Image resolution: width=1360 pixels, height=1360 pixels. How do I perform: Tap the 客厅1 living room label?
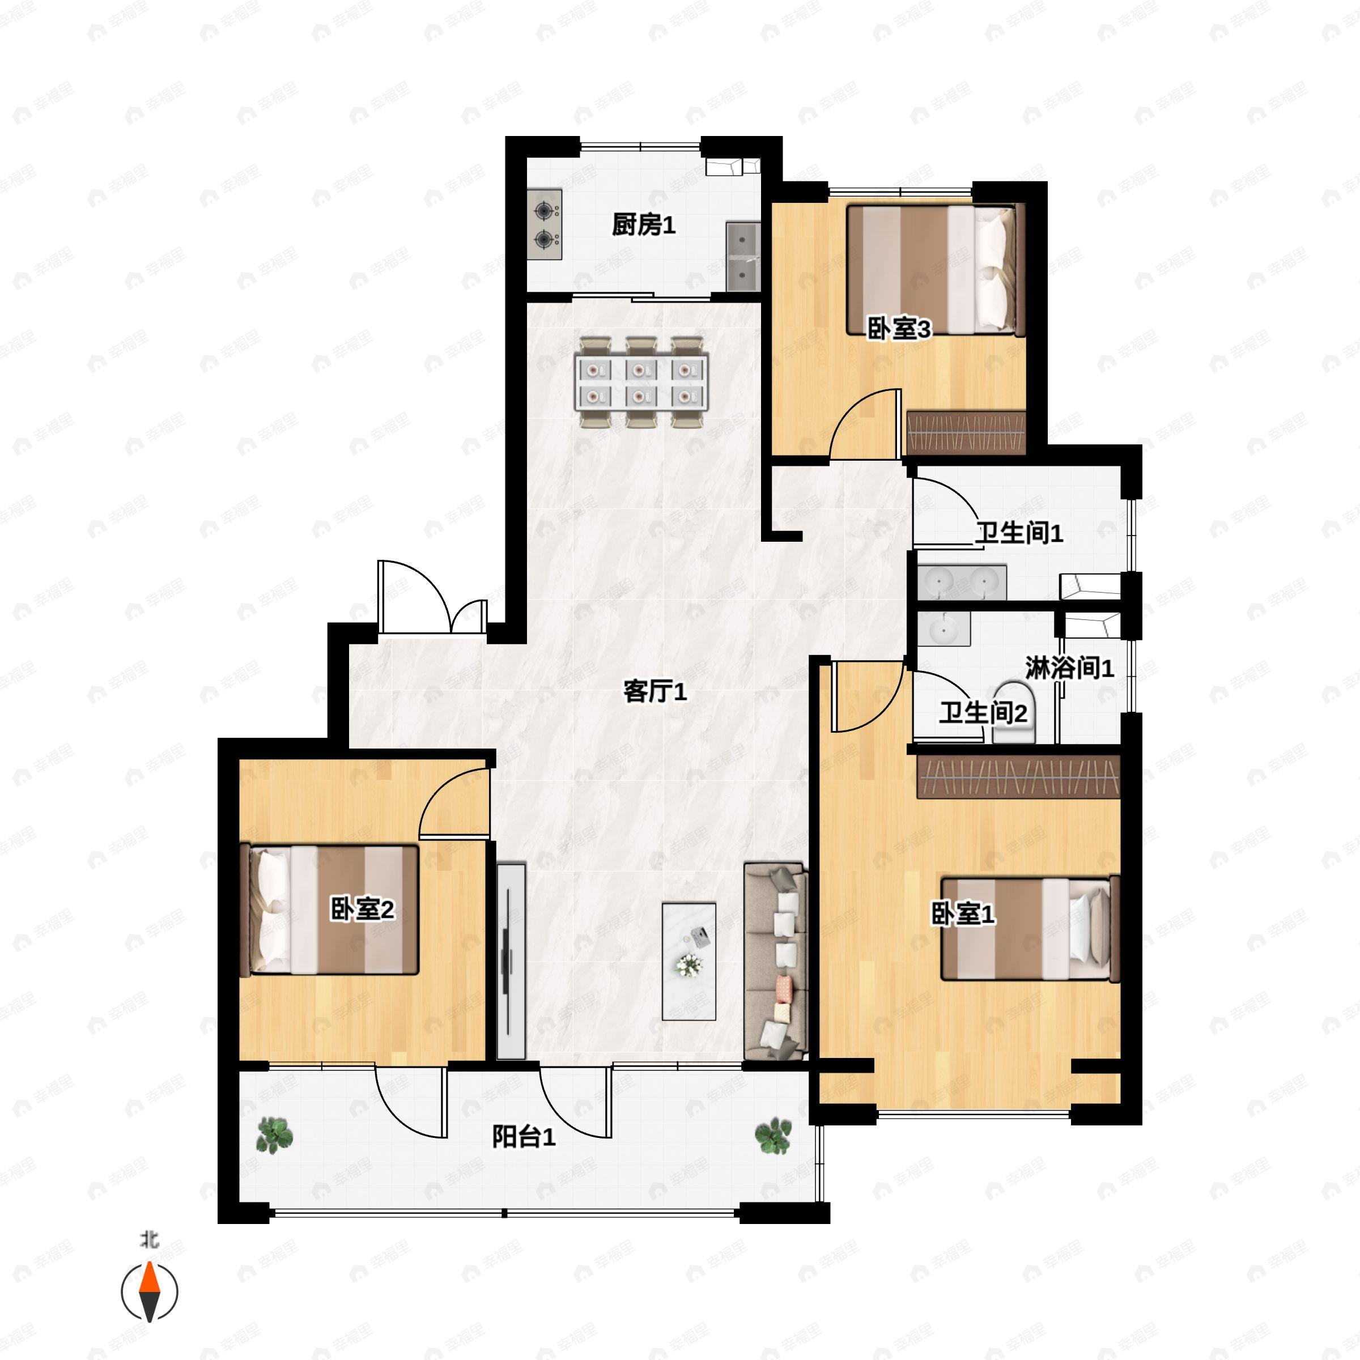(654, 691)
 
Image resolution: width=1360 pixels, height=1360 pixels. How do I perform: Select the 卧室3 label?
(899, 328)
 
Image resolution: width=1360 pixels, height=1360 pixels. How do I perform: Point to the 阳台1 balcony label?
(524, 1136)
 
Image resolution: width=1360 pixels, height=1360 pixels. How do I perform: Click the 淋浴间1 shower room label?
(1069, 668)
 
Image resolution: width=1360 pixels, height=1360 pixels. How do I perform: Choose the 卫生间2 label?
(983, 713)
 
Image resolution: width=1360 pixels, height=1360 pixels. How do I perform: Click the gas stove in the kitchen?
(545, 224)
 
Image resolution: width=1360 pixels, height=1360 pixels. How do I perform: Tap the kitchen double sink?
(743, 256)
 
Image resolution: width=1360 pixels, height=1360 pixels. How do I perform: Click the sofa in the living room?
(776, 961)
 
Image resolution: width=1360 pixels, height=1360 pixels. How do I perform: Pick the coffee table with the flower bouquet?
(689, 962)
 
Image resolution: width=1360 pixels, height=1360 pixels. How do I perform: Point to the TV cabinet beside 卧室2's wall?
(511, 961)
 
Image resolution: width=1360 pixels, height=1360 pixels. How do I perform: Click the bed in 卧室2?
(329, 909)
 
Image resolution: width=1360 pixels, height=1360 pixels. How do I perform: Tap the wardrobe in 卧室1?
(1018, 776)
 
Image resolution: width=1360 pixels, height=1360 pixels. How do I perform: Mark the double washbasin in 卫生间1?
(962, 581)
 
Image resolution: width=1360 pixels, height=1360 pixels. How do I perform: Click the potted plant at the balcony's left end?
(274, 1136)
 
